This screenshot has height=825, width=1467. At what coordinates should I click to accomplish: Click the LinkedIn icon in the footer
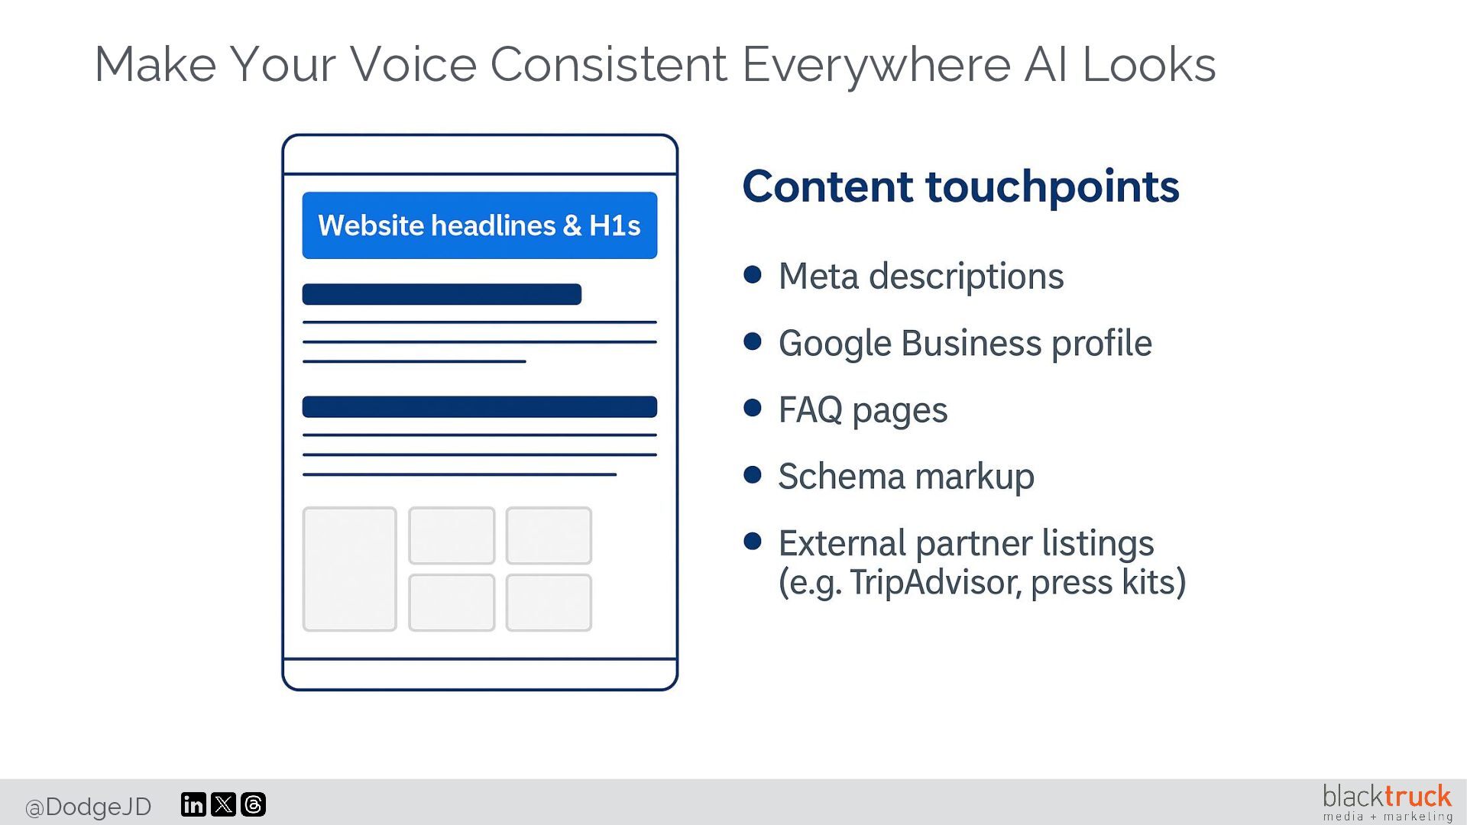coord(193,804)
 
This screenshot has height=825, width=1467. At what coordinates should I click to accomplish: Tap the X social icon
coord(223,804)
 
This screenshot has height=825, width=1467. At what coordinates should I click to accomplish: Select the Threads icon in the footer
coord(253,804)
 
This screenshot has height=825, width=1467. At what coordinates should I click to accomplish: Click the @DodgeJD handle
coord(88,807)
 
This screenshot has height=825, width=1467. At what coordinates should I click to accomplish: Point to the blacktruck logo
coord(1386,802)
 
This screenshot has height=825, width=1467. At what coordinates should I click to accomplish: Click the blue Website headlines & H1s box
coord(479,225)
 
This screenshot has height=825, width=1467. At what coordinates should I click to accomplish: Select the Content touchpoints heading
coord(960,186)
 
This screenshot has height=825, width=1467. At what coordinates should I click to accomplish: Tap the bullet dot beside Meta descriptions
coord(753,274)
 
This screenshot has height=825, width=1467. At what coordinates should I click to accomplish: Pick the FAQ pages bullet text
coord(863,410)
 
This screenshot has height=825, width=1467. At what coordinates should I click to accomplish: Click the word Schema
coord(841,477)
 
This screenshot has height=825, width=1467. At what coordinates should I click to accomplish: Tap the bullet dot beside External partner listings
coord(753,542)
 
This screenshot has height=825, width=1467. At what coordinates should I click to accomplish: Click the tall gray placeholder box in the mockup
coord(349,569)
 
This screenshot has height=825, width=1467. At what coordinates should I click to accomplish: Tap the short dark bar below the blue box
coord(442,294)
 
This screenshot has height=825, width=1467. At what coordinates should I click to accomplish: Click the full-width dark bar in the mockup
coord(479,406)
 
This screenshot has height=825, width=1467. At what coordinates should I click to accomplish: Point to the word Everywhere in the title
coord(876,64)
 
